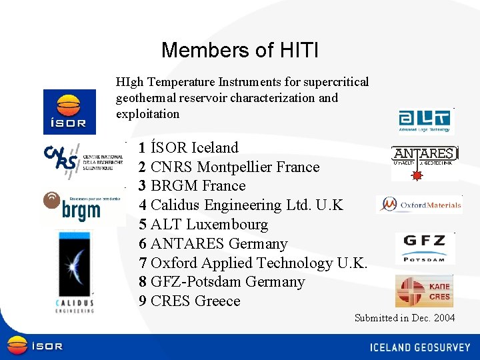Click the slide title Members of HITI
click(239, 50)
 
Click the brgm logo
click(82, 207)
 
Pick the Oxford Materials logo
click(420, 205)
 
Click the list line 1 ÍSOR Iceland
click(188, 147)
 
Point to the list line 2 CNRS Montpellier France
click(229, 167)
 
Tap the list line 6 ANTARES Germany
click(213, 244)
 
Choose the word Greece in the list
click(217, 301)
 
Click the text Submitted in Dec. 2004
click(405, 318)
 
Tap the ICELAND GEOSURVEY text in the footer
click(420, 347)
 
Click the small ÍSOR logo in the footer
click(35, 346)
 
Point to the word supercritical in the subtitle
click(335, 82)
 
